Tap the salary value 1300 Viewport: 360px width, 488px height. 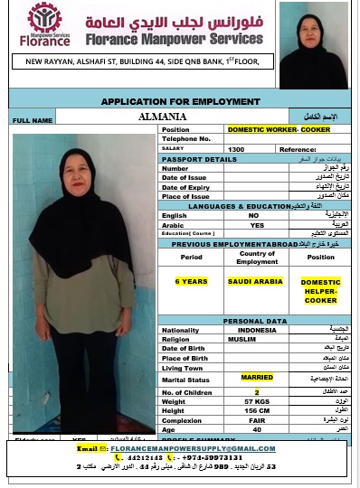pos(236,148)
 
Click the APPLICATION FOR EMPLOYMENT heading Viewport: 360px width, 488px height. pos(180,101)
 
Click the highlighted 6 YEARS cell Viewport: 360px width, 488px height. pos(192,282)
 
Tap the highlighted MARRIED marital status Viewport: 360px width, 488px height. pos(257,377)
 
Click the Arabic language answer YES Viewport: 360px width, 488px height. pos(257,225)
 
